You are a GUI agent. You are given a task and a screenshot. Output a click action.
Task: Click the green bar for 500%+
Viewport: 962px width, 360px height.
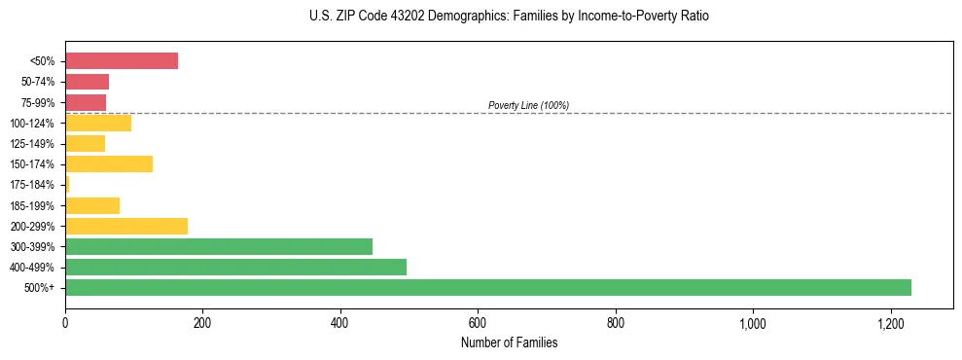tap(487, 287)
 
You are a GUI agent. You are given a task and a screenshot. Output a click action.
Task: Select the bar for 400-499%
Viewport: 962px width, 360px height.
tap(235, 267)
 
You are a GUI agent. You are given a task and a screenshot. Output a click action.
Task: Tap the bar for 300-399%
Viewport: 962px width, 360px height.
tap(219, 246)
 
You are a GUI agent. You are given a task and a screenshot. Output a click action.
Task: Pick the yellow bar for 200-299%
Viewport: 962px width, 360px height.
tap(126, 226)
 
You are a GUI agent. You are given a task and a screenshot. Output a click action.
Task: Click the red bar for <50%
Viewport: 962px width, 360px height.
tap(122, 61)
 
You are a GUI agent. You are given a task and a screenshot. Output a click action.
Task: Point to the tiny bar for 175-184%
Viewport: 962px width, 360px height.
tap(67, 185)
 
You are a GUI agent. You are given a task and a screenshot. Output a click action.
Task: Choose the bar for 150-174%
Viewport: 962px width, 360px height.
tap(109, 163)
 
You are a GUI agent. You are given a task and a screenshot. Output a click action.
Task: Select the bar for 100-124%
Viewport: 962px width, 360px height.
tap(98, 123)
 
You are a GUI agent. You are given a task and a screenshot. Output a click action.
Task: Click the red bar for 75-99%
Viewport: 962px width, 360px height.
tap(86, 102)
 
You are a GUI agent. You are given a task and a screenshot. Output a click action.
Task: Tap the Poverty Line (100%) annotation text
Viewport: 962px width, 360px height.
tap(528, 105)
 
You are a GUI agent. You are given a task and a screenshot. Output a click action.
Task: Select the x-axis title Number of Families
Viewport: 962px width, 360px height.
tap(510, 342)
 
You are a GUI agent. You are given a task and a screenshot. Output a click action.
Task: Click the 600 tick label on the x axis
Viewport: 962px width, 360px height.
tap(478, 322)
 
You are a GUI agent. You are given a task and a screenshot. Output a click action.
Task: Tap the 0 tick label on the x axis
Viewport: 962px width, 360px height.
tap(65, 322)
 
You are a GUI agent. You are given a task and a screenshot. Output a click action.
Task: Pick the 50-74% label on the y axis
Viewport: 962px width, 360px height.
tap(39, 82)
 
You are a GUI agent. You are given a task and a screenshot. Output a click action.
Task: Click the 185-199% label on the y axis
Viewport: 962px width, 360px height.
tap(34, 205)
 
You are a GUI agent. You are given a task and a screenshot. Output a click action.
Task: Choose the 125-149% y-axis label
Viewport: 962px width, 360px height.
tap(34, 144)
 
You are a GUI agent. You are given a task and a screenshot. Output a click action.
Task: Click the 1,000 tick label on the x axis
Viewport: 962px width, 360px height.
tap(753, 322)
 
